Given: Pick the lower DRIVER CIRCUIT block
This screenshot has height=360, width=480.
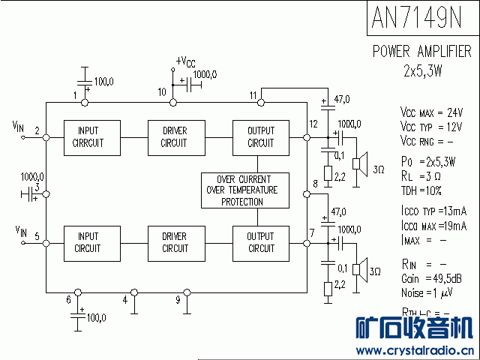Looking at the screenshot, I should pos(174,242).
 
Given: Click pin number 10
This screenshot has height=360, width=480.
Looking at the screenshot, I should pos(161,91).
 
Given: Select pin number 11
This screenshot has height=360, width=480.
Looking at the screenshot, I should pos(253,94).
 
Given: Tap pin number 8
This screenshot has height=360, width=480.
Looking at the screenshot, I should pos(315,184).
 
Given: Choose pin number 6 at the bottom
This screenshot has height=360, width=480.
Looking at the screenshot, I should pos(68,300).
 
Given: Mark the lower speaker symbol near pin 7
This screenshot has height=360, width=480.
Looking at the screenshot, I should pos(361,268).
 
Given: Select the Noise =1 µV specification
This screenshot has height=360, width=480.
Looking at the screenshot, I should pos(427,292).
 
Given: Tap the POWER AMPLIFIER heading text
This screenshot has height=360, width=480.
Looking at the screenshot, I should pos(422,52).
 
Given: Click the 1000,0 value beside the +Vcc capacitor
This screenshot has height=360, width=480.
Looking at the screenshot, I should pos(205,74).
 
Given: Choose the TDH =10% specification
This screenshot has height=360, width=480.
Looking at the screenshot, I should pos(422,190).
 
